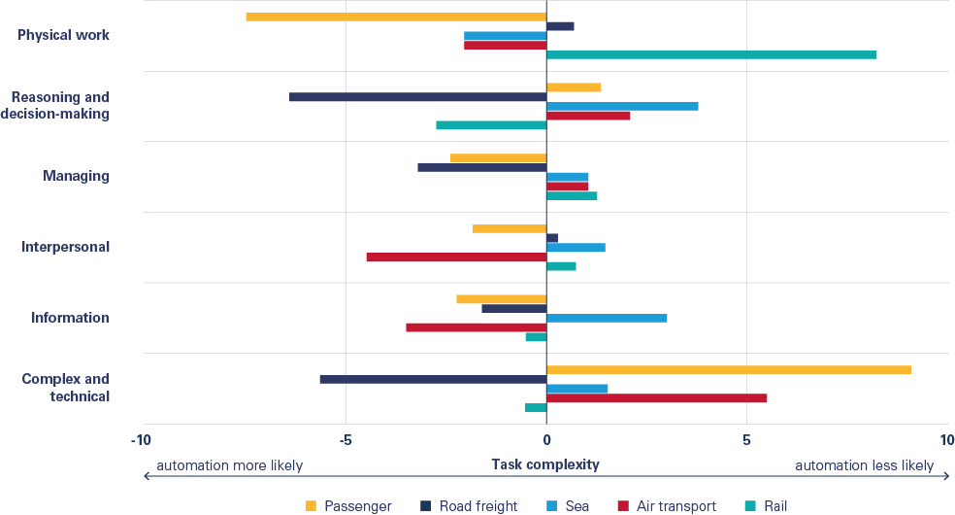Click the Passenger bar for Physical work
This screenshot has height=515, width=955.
396,17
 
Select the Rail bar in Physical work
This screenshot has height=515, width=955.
711,54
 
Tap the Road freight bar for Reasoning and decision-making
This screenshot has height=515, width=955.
417,97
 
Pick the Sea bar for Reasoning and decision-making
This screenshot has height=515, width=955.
622,106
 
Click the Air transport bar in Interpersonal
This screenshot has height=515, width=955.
456,257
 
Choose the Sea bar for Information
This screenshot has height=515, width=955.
607,318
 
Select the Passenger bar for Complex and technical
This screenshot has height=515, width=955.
729,369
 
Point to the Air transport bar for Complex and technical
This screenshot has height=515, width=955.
657,398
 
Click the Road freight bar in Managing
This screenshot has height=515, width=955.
481,167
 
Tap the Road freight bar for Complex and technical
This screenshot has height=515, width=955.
433,379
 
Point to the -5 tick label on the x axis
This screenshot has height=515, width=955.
345,439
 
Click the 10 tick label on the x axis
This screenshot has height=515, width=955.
946,439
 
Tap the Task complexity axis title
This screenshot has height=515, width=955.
545,465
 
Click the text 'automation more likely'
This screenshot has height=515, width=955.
230,465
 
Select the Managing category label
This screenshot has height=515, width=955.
76,176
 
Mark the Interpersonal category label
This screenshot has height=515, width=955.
66,247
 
